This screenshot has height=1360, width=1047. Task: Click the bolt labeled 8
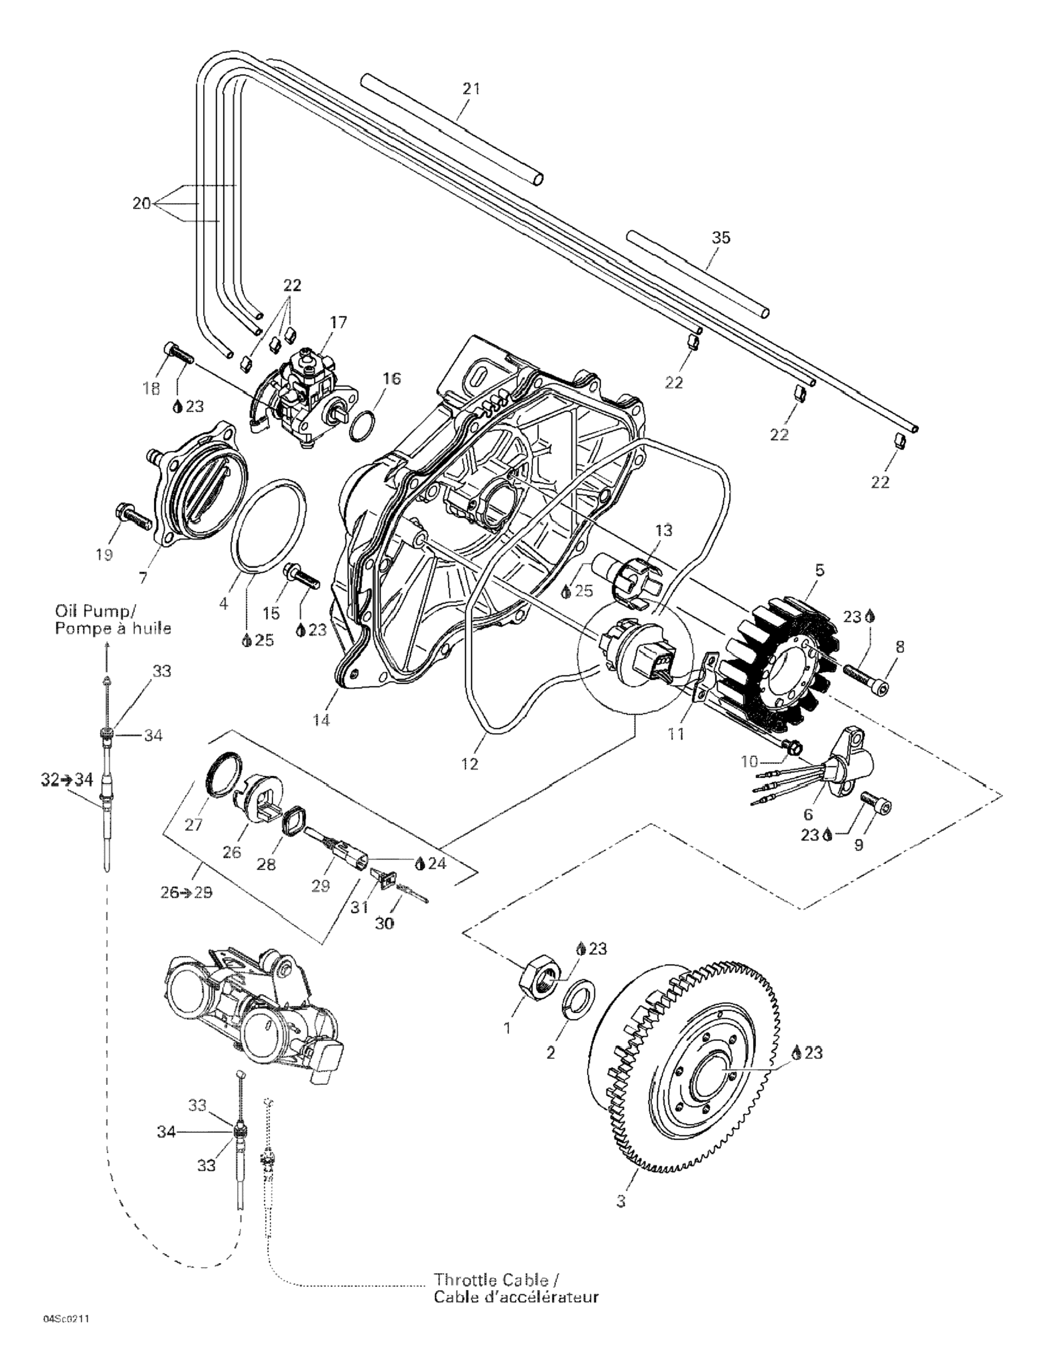(866, 679)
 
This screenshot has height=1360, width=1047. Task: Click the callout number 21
(472, 88)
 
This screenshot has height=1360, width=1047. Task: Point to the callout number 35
(721, 237)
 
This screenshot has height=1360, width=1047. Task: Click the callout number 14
(321, 720)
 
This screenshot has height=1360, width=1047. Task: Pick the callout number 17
(338, 322)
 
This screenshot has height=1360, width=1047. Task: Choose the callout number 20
(141, 203)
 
